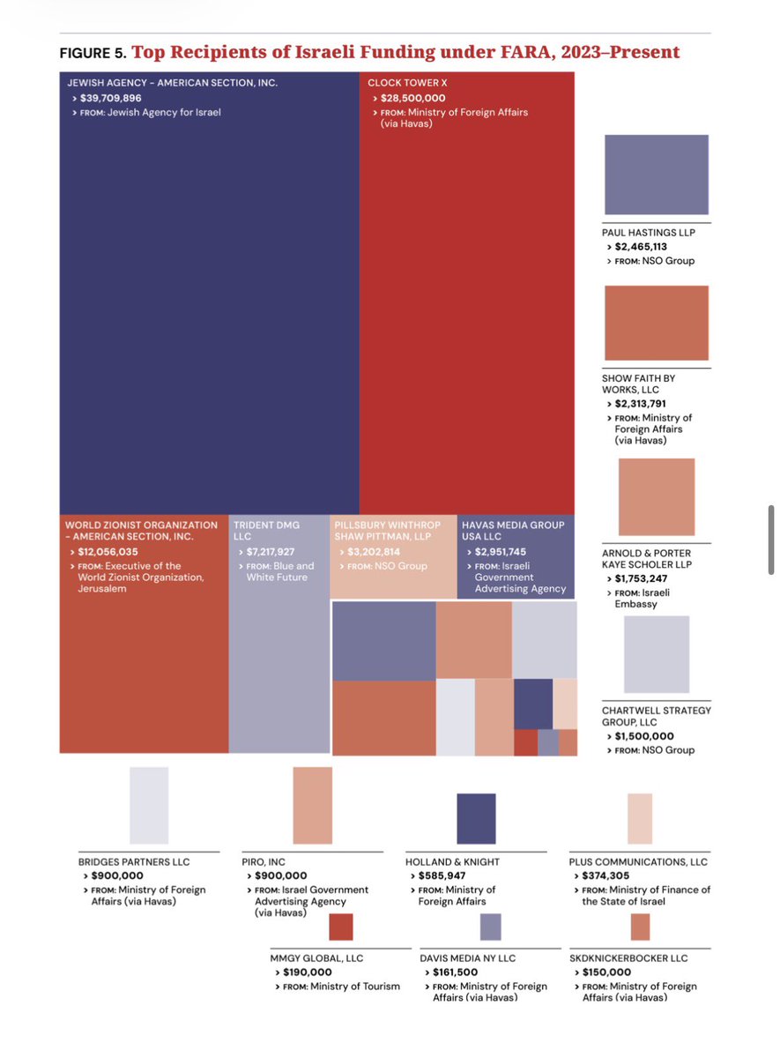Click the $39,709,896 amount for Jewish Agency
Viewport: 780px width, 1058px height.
click(x=110, y=98)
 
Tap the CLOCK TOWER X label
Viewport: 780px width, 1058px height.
click(x=407, y=83)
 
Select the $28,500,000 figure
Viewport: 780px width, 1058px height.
click(x=412, y=98)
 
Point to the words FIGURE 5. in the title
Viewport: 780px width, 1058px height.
click(x=93, y=53)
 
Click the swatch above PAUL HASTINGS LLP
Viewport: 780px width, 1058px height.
click(x=657, y=175)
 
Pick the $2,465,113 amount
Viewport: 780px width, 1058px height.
click(x=641, y=247)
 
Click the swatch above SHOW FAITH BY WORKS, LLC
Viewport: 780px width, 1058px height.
click(x=657, y=323)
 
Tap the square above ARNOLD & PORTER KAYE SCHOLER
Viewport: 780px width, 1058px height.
click(x=657, y=496)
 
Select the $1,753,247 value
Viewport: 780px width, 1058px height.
click(x=641, y=578)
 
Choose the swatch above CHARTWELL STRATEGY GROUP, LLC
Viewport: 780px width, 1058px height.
click(x=657, y=654)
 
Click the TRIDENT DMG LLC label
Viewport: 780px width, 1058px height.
click(x=266, y=531)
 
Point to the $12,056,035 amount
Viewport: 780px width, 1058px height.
click(x=108, y=552)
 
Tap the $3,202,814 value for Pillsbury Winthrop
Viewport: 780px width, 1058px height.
click(x=374, y=552)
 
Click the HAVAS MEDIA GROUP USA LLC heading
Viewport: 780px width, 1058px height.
click(x=513, y=531)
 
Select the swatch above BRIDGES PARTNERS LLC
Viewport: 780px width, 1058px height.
click(x=149, y=805)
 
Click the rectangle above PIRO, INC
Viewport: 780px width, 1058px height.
click(x=313, y=805)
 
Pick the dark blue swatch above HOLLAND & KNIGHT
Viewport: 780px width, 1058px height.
click(x=477, y=818)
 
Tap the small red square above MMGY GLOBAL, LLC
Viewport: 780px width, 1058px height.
click(x=341, y=927)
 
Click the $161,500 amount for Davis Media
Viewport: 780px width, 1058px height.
click(x=455, y=972)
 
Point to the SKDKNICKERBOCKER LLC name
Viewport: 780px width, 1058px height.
click(x=628, y=957)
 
